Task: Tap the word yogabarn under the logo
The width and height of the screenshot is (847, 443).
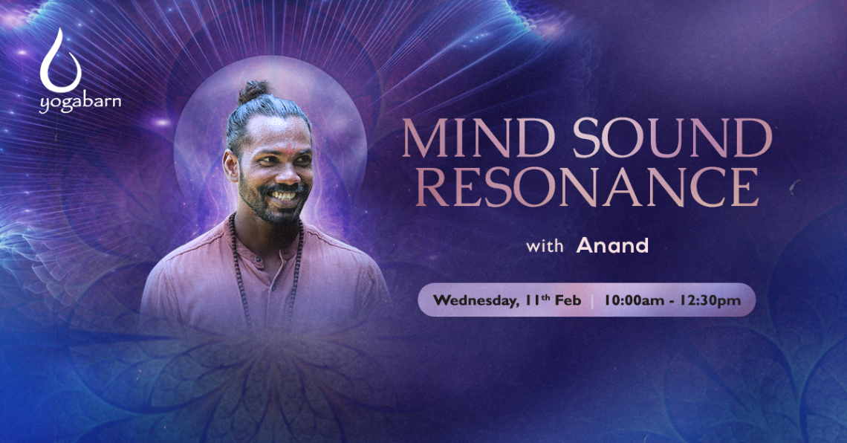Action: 80,103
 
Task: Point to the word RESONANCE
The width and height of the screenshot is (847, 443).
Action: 587,187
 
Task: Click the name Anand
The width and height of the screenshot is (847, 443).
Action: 612,246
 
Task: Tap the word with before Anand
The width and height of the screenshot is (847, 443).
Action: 545,247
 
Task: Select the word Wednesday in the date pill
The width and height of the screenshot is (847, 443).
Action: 475,301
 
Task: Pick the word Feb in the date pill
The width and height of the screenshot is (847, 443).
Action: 568,300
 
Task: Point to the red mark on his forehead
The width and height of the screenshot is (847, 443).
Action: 289,148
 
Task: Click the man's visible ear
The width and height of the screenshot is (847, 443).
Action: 232,166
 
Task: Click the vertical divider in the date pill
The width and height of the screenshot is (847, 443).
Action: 592,301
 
